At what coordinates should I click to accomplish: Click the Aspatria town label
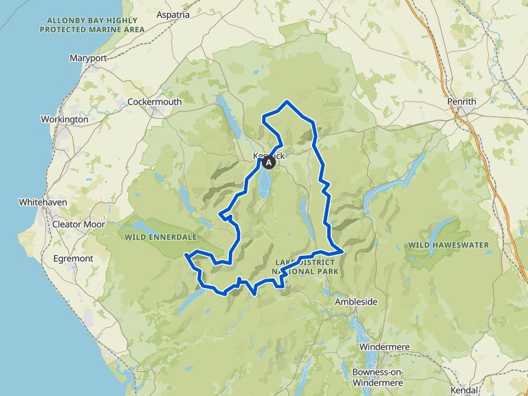click(173, 14)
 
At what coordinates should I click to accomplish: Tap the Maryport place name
click(88, 58)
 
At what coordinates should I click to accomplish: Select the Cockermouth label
click(155, 102)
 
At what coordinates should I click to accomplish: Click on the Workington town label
click(65, 119)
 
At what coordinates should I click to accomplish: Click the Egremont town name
click(73, 258)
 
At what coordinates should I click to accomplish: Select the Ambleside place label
click(355, 302)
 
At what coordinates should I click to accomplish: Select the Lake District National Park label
click(307, 267)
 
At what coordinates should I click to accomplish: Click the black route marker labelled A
click(269, 164)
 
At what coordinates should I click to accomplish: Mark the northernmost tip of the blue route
click(287, 102)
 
